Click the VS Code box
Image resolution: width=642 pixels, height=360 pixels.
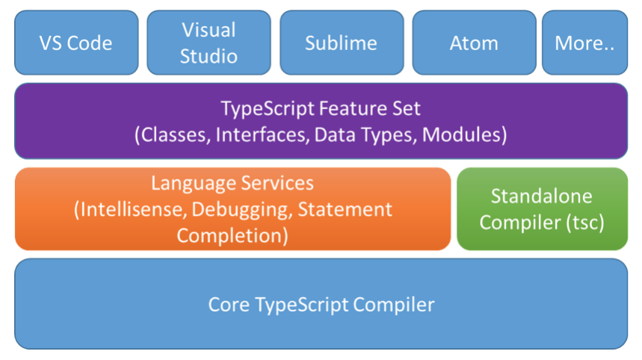point(76,43)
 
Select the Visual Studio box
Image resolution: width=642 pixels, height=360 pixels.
point(209,43)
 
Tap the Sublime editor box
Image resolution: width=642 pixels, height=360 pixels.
point(342,43)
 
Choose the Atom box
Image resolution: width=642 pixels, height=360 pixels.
point(474,43)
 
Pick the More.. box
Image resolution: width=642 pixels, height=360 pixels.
point(584,43)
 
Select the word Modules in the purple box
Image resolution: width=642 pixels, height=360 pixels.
point(464,135)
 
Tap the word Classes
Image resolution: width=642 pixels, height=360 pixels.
point(173,135)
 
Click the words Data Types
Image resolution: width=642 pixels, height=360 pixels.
point(365,135)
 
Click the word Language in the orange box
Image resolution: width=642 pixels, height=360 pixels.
point(192,184)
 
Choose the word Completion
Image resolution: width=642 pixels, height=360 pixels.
point(232,236)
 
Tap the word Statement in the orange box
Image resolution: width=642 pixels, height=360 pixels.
point(345,209)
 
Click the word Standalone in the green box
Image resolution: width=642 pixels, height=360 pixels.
point(542,196)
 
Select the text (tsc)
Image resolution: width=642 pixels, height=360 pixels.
point(585,223)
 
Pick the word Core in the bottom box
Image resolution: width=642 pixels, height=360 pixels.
point(229,305)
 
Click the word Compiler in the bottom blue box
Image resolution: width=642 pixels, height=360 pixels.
point(393,305)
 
